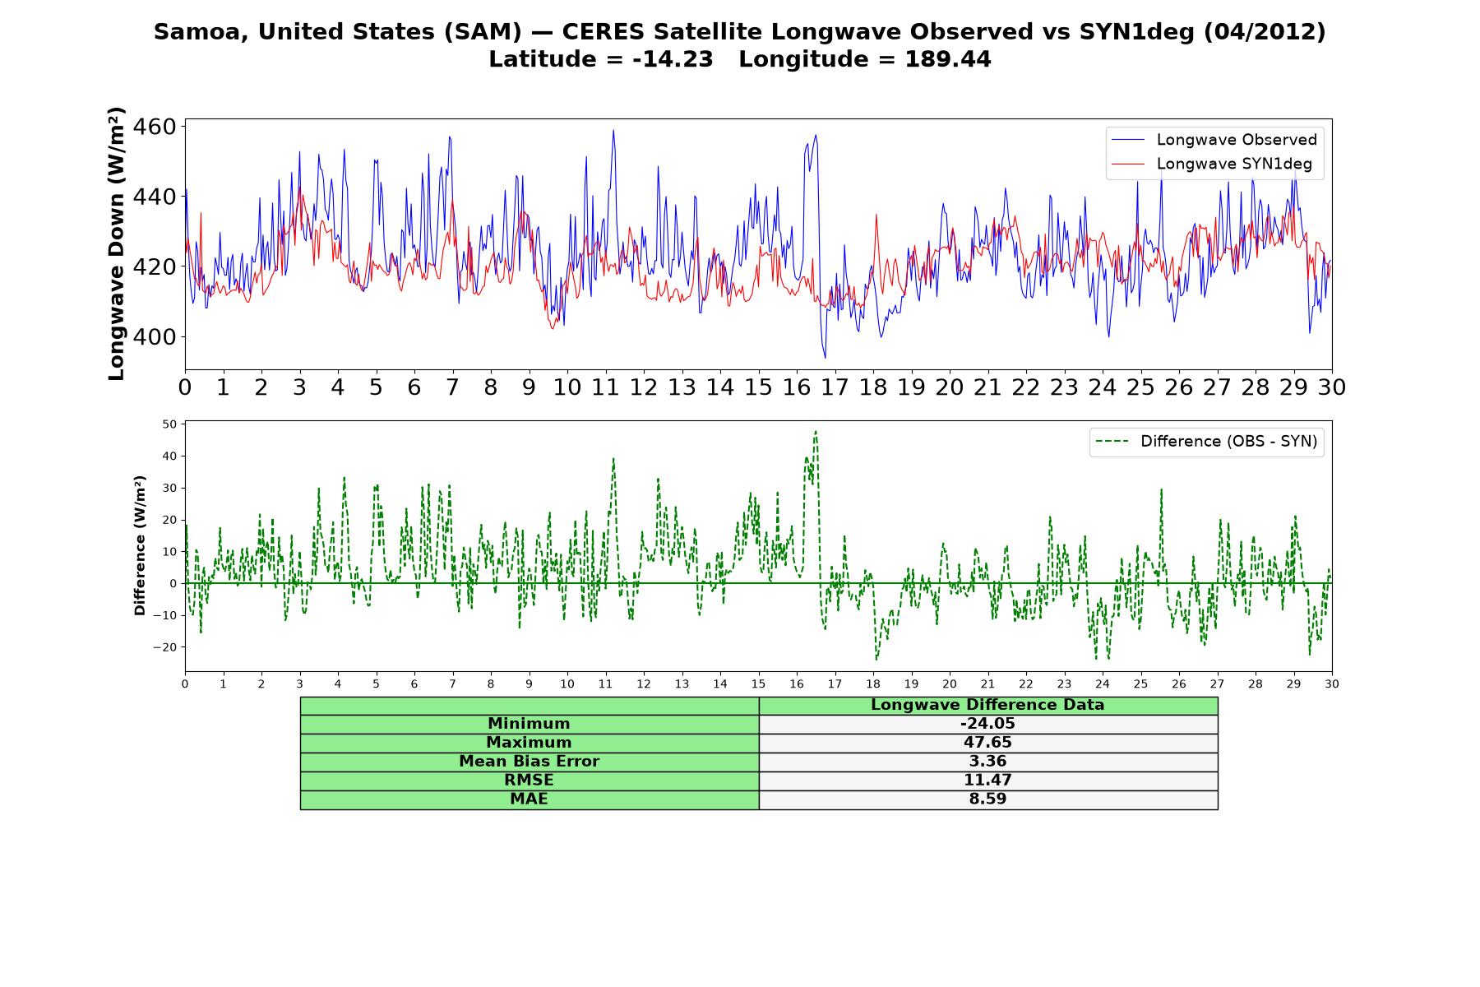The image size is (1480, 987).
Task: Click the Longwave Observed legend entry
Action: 1214,140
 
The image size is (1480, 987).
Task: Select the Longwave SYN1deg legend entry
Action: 1212,164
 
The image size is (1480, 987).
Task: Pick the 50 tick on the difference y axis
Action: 170,424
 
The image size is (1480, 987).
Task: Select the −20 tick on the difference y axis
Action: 165,647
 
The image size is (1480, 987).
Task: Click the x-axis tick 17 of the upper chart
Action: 835,387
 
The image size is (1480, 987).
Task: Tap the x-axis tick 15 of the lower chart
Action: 758,684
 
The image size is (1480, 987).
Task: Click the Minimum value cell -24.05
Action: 987,724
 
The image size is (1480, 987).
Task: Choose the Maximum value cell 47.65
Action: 987,743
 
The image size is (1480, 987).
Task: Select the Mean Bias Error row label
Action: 529,762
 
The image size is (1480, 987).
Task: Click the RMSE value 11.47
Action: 987,781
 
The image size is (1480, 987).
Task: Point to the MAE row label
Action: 529,799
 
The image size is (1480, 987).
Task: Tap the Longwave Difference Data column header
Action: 987,705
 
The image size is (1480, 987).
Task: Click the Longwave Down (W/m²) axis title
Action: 116,243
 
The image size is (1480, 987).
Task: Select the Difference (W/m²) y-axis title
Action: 140,545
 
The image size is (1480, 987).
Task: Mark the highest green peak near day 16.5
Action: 816,431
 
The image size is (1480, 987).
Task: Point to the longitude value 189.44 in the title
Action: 948,59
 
